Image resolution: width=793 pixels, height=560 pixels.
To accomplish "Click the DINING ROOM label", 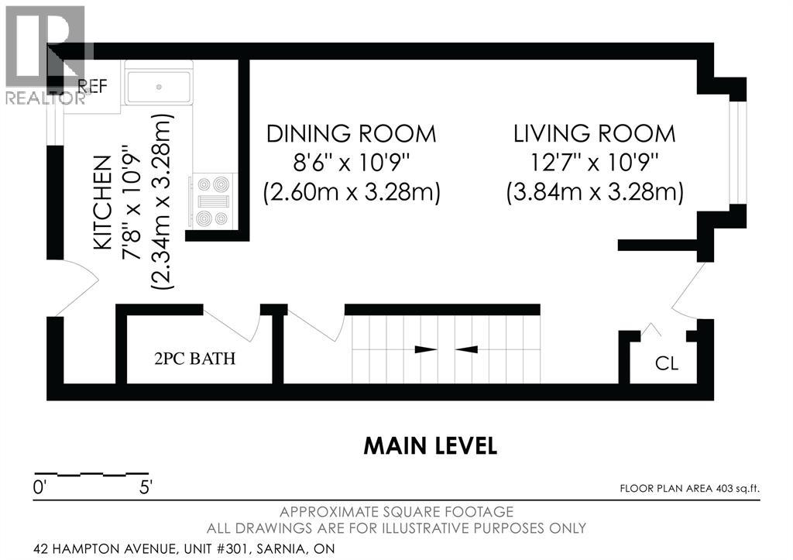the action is click(x=351, y=134).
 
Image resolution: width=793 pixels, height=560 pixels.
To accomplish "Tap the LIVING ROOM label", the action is click(x=594, y=134).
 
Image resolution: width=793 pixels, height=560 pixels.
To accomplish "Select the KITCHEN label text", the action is click(x=103, y=202).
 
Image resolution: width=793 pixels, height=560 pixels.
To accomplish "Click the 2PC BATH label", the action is click(x=194, y=359).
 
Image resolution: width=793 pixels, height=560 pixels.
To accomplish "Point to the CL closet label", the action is click(x=667, y=363).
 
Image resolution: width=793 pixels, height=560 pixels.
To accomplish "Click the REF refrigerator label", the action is click(x=93, y=86).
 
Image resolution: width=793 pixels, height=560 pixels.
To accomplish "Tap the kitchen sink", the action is click(x=158, y=87).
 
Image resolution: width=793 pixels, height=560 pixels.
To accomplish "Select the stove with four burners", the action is click(x=212, y=201).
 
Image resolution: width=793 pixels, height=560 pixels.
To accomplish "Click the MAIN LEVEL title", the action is click(x=431, y=445).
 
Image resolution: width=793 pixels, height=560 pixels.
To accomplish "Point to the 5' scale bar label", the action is click(x=146, y=488).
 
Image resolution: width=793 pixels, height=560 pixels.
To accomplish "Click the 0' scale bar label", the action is click(x=39, y=488).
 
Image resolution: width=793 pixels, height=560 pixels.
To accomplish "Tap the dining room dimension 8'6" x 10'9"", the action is click(x=351, y=163).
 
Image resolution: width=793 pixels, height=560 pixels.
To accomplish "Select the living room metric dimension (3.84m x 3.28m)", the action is click(x=595, y=193).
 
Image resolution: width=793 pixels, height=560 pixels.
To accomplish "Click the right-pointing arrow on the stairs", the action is click(x=426, y=349).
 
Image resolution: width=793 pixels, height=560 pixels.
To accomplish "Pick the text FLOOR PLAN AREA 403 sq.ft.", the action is click(x=690, y=489).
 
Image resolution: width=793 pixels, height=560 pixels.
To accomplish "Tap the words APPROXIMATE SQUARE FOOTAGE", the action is click(x=396, y=512).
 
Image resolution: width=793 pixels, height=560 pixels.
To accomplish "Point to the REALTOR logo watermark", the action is click(x=45, y=56).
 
